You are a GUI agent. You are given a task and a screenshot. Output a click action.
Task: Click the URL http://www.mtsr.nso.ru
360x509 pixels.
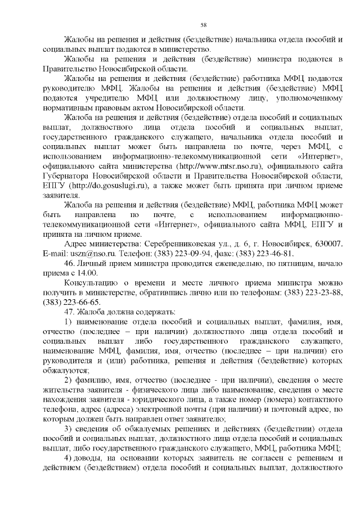[220, 167]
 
